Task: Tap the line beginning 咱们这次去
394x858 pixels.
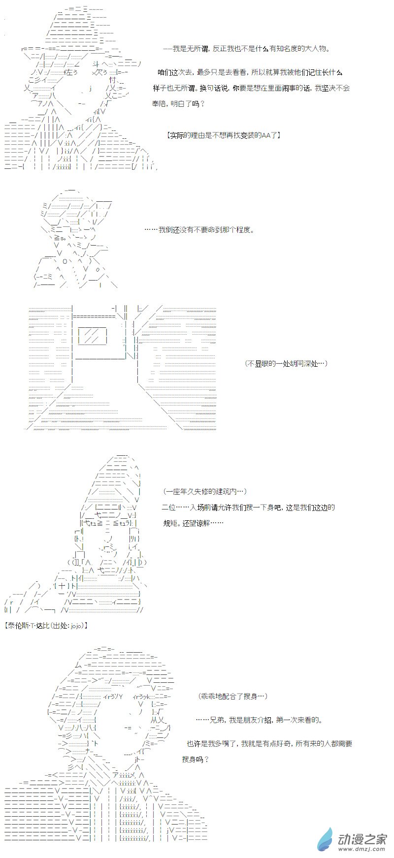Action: click(249, 72)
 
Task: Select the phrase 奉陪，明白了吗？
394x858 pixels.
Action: click(178, 104)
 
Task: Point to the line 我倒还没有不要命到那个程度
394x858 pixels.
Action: click(199, 230)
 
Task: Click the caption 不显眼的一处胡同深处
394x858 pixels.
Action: click(286, 363)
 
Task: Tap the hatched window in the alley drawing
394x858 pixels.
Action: click(93, 336)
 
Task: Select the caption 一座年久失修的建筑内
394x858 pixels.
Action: click(204, 491)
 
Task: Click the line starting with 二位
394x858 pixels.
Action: click(248, 507)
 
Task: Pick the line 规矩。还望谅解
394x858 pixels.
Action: click(193, 523)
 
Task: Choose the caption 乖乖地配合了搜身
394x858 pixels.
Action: click(233, 696)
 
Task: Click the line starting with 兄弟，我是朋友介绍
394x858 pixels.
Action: click(259, 720)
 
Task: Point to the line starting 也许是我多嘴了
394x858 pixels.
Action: click(269, 743)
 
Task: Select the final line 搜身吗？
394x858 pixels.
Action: click(196, 759)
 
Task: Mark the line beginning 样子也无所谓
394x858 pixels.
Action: click(251, 88)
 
